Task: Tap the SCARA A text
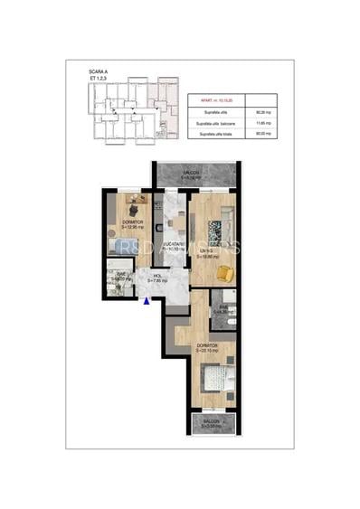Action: pos(99,70)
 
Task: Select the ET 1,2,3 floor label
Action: pos(97,78)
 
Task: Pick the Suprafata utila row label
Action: pos(209,111)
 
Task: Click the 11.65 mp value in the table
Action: pos(264,123)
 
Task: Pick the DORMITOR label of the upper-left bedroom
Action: pos(132,222)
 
